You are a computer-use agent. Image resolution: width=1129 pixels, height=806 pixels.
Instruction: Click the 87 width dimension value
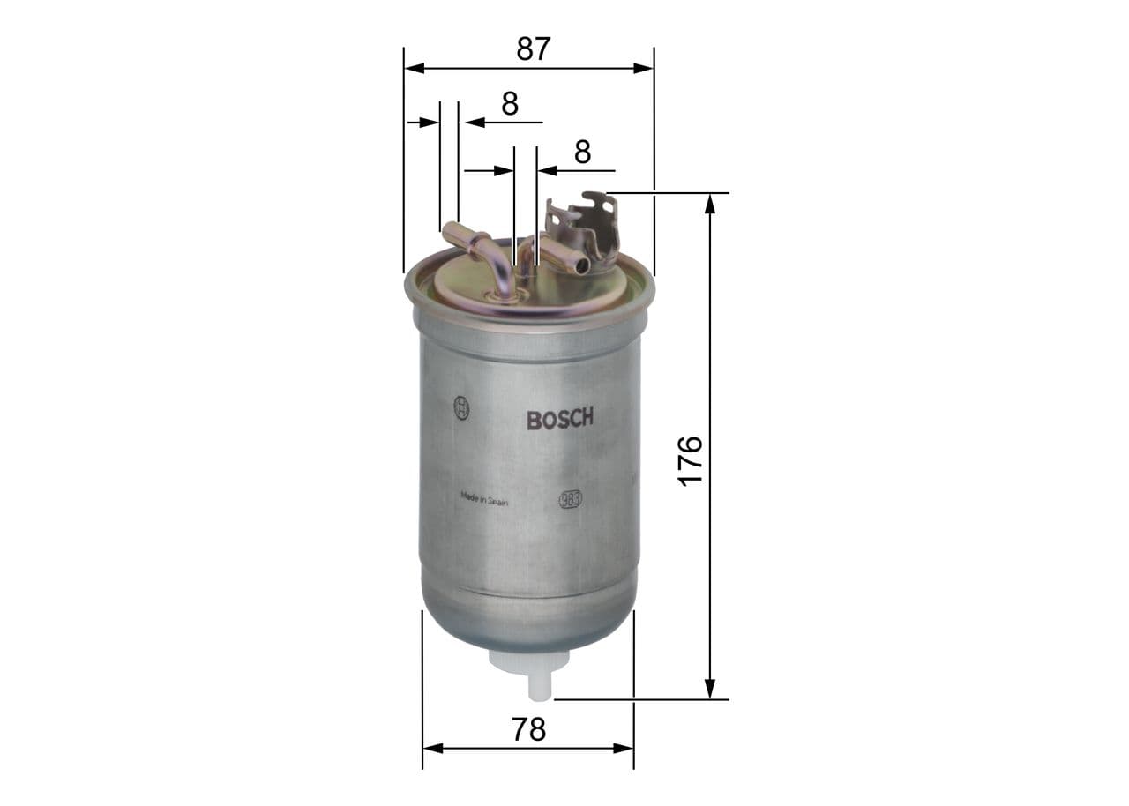tap(533, 49)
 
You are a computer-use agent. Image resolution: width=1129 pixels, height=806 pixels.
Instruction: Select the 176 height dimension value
tap(690, 459)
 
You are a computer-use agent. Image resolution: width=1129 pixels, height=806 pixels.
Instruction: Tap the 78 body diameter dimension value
tap(528, 729)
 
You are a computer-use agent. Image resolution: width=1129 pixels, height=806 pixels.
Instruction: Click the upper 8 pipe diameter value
tap(510, 104)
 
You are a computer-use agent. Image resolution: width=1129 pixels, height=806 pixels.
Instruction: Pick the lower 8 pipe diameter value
tap(582, 152)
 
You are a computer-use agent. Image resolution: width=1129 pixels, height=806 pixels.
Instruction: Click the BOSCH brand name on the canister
tap(560, 419)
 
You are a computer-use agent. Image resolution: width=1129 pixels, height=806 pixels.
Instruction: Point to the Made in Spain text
tap(484, 498)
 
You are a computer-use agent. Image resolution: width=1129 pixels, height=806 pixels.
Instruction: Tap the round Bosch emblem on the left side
tap(460, 408)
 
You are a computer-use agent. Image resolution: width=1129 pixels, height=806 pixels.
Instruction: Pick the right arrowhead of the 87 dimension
tap(645, 68)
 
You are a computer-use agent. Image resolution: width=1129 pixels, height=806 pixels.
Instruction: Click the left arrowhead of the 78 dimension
tap(432, 749)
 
